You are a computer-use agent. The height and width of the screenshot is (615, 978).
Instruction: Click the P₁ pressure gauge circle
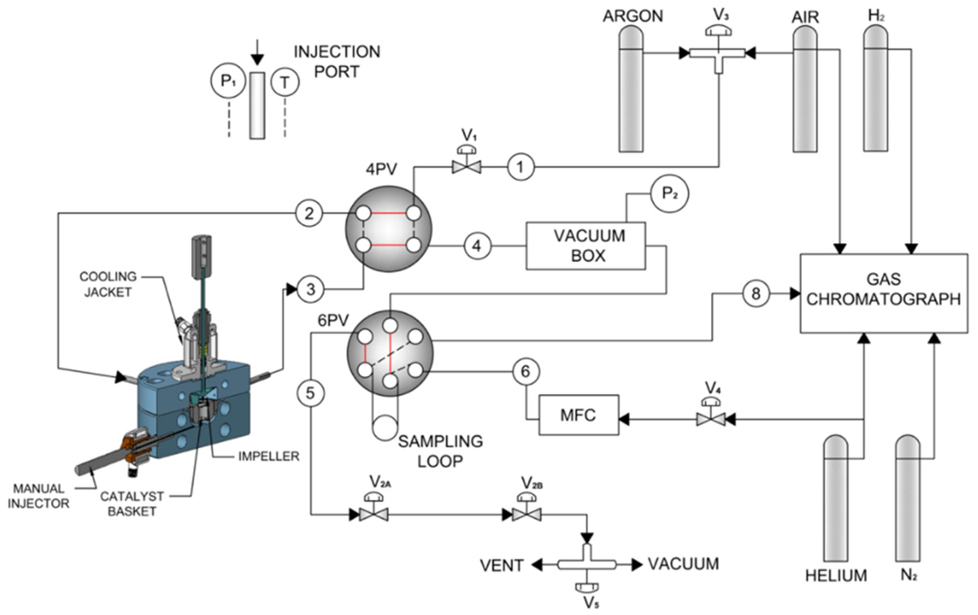click(x=228, y=81)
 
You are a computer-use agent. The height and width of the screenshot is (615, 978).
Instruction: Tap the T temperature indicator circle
click(x=285, y=82)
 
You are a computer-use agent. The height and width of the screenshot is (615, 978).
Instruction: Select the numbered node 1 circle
click(x=521, y=167)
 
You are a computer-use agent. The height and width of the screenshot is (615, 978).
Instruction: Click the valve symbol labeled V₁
click(x=467, y=167)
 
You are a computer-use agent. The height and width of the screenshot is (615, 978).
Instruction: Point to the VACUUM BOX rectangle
click(x=586, y=246)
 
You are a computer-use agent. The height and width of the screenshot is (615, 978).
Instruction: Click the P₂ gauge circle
click(x=670, y=194)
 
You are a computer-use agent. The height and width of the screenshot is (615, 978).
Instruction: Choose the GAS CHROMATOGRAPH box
click(x=884, y=293)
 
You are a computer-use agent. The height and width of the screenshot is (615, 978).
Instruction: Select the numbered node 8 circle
click(x=756, y=293)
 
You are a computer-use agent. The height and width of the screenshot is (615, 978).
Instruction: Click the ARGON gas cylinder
click(x=631, y=90)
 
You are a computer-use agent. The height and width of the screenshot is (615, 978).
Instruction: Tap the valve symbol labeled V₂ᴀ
click(x=374, y=515)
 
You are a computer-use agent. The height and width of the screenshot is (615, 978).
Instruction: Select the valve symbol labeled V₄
click(x=711, y=419)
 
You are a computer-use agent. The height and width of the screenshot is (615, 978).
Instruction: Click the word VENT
click(x=502, y=566)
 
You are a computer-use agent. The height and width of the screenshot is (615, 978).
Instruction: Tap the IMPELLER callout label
click(x=269, y=457)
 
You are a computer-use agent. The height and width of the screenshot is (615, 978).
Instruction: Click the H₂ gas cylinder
click(x=875, y=90)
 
